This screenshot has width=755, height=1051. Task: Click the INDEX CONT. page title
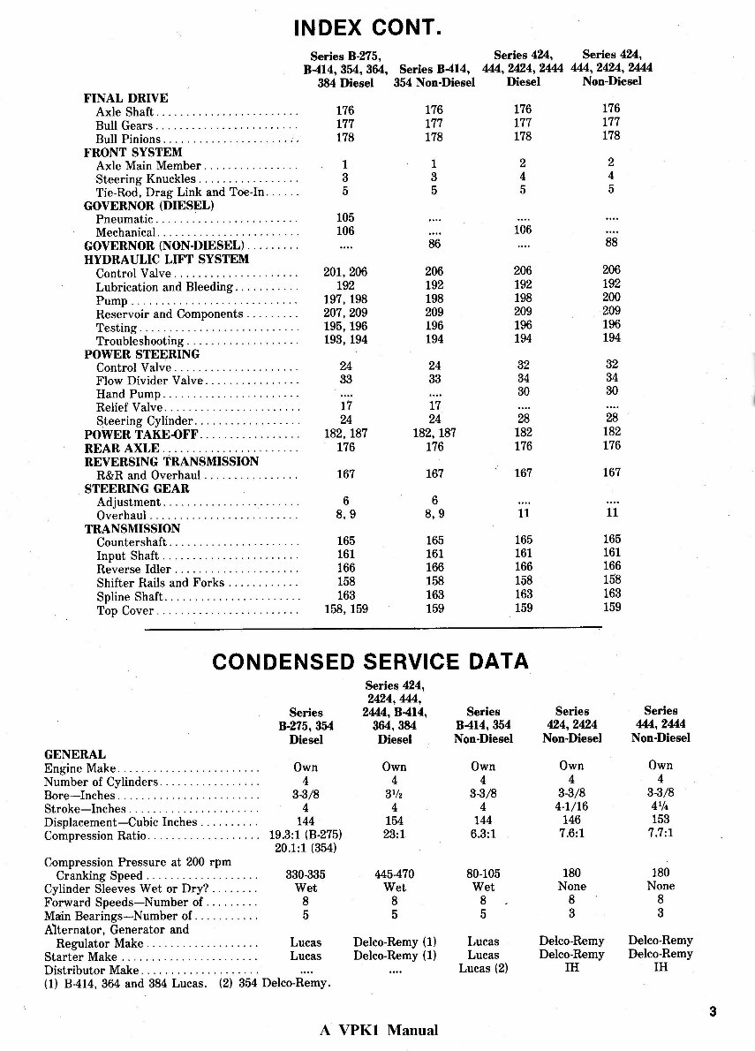(366, 28)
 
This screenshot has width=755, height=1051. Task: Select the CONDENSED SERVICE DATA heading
(371, 661)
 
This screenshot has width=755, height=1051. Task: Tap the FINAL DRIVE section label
(125, 98)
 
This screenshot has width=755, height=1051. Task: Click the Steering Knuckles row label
(146, 178)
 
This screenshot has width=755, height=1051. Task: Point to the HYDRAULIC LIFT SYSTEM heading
(166, 260)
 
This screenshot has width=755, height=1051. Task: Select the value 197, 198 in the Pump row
(345, 299)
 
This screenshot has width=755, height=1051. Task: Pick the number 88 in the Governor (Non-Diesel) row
(611, 243)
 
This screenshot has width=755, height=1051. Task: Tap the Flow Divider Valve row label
(149, 381)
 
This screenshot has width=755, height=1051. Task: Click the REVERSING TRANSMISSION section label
(171, 461)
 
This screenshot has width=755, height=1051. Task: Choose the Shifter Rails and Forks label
(161, 583)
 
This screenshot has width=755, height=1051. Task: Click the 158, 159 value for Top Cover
(345, 609)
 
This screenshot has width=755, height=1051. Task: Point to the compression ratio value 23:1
(394, 835)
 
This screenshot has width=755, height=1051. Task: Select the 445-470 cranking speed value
(394, 874)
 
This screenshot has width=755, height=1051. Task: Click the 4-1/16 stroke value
(571, 807)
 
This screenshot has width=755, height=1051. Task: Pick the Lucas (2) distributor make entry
(484, 969)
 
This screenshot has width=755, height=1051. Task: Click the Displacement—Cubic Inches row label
(120, 822)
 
